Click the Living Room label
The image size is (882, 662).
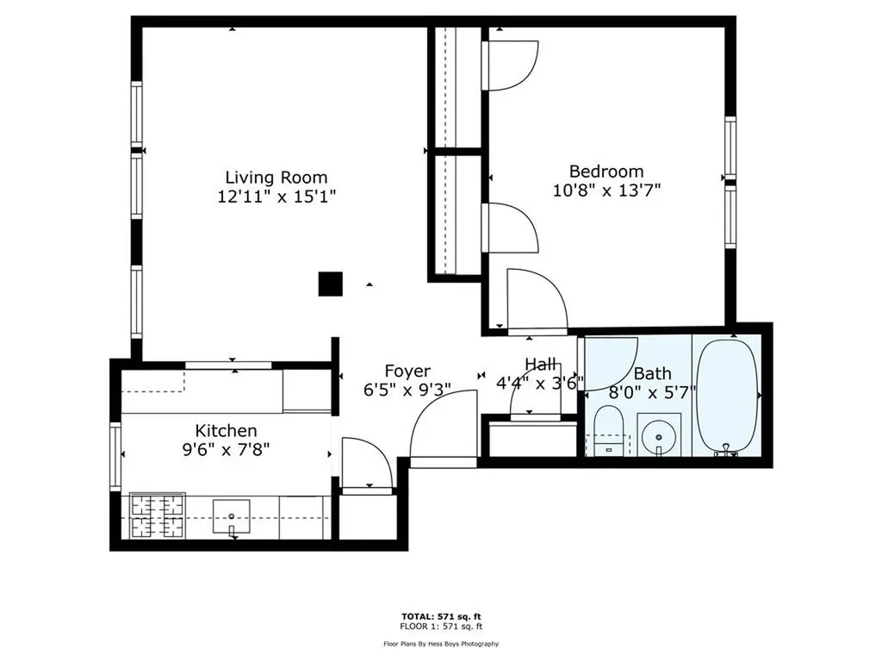[x=276, y=178]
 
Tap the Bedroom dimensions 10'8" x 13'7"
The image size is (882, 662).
[x=606, y=190]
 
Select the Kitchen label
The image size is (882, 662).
[x=226, y=430]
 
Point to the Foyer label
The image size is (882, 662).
[x=407, y=371]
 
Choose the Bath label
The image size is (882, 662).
[x=652, y=373]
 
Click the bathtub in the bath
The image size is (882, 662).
[x=727, y=396]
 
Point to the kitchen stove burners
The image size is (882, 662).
[x=157, y=516]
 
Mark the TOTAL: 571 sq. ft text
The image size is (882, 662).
[x=440, y=616]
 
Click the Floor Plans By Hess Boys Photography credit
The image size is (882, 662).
[x=440, y=643]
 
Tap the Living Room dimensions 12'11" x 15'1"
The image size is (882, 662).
[x=276, y=197]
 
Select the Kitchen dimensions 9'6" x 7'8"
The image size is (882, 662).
[x=226, y=449]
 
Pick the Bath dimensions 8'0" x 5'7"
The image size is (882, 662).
[x=652, y=392]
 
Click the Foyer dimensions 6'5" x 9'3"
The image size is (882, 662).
[x=407, y=390]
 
